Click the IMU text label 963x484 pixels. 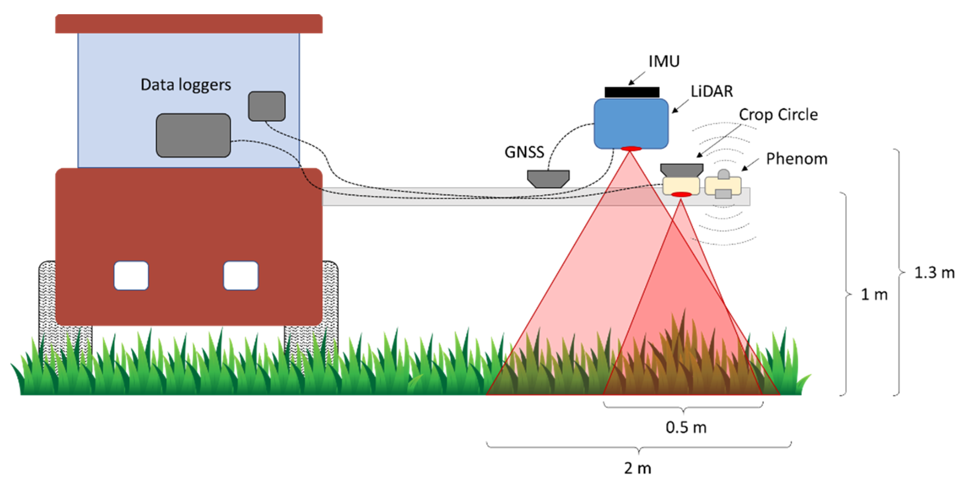(664, 61)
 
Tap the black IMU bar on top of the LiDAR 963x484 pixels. (632, 92)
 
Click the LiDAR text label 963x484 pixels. (712, 91)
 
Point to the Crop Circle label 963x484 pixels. (778, 114)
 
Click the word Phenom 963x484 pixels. (797, 159)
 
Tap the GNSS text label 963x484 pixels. (524, 152)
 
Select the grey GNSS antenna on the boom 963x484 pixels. (548, 178)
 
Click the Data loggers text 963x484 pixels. (186, 85)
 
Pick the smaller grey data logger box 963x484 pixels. (267, 106)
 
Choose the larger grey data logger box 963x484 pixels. (193, 135)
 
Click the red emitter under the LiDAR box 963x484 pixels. (631, 149)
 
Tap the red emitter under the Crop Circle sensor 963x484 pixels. (681, 194)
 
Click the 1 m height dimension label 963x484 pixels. (874, 295)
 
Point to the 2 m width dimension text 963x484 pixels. (637, 468)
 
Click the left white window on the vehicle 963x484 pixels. (131, 275)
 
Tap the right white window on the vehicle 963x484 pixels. (241, 275)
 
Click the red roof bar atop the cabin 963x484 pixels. (189, 24)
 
